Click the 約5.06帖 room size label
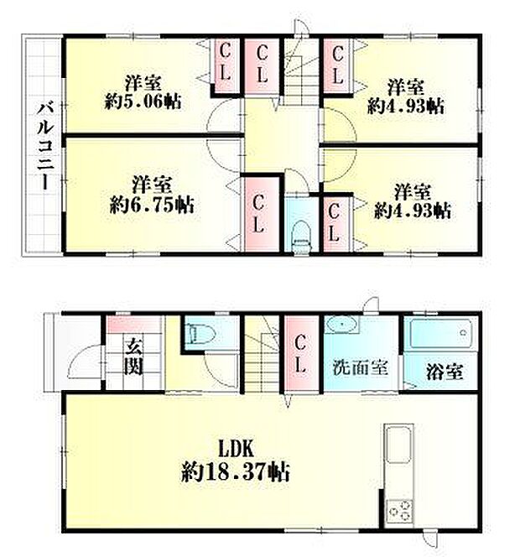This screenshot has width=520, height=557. tap(143, 102)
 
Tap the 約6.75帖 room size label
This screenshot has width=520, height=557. tap(152, 205)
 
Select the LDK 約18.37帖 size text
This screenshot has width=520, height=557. tap(235, 461)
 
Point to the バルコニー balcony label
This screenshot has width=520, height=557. tap(45, 146)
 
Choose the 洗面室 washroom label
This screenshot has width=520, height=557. tap(360, 367)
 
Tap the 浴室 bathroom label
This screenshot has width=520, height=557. tap(445, 372)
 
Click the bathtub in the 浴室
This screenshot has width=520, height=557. tap(441, 333)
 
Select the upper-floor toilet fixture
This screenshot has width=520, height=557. tap(301, 237)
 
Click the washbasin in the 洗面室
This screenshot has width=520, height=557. tap(341, 324)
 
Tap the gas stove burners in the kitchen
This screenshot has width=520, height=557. tap(399, 511)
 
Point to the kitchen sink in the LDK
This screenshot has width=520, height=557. tap(399, 445)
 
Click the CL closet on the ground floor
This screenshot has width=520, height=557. tap(300, 354)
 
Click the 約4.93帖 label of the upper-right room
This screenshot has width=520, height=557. tap(406, 106)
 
